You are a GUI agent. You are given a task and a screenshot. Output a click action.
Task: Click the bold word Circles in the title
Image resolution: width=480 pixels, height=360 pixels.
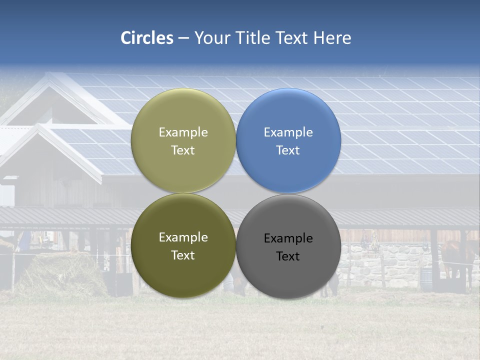147,38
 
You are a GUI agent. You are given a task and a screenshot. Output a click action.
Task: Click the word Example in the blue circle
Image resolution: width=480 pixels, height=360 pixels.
288,132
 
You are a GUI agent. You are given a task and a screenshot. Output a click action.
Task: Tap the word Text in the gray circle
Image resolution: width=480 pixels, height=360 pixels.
288,256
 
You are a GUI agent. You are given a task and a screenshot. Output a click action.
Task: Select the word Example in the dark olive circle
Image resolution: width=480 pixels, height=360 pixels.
183,237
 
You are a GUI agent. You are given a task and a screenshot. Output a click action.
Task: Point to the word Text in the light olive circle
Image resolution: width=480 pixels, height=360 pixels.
183,150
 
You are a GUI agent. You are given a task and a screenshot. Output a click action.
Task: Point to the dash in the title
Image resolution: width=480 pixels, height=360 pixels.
183,38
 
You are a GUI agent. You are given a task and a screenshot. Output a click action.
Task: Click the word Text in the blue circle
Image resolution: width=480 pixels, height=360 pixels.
288,150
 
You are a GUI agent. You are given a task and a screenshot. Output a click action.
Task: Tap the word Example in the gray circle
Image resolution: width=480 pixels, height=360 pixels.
288,238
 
